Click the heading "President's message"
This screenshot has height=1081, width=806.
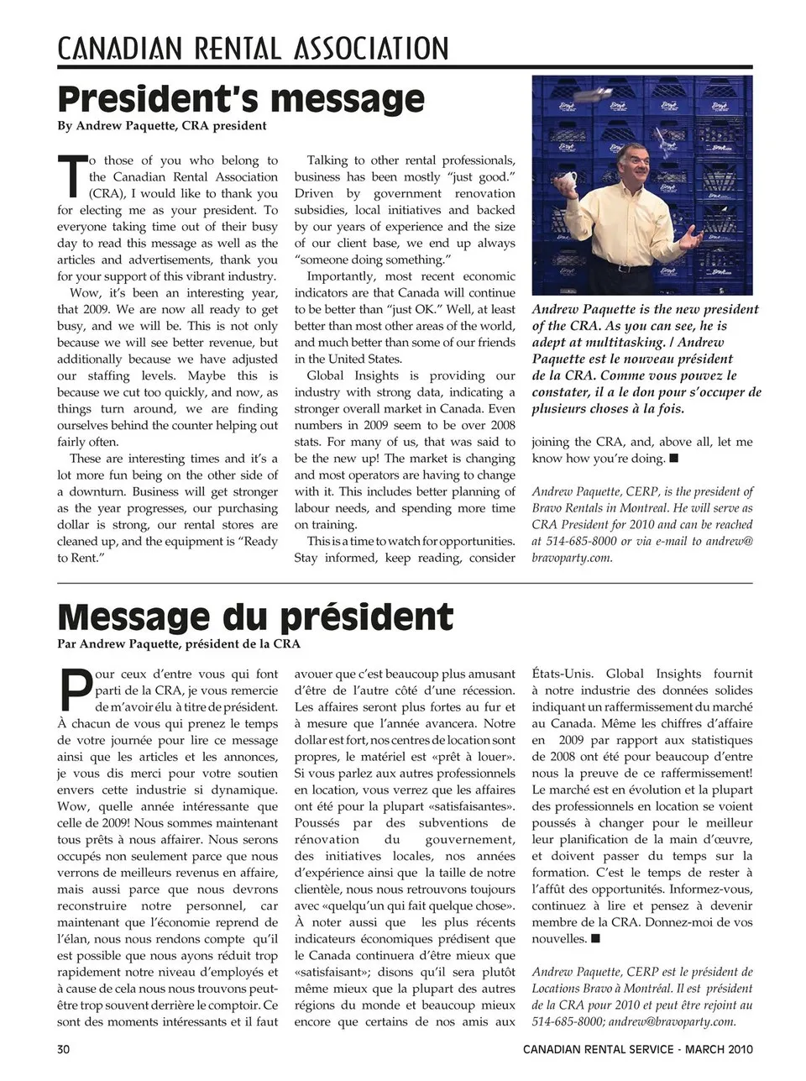241,99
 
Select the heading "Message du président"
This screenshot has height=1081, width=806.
255,617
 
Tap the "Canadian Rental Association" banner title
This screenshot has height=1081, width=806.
253,48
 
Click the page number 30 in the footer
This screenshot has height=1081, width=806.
64,1049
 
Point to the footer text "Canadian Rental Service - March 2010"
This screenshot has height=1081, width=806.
637,1049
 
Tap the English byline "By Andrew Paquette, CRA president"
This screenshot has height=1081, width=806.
162,126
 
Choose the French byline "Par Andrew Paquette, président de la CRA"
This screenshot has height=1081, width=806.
178,644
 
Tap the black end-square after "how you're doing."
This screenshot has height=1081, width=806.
673,459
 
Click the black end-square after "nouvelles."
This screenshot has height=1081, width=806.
595,938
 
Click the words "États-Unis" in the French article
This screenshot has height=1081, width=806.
563,674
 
